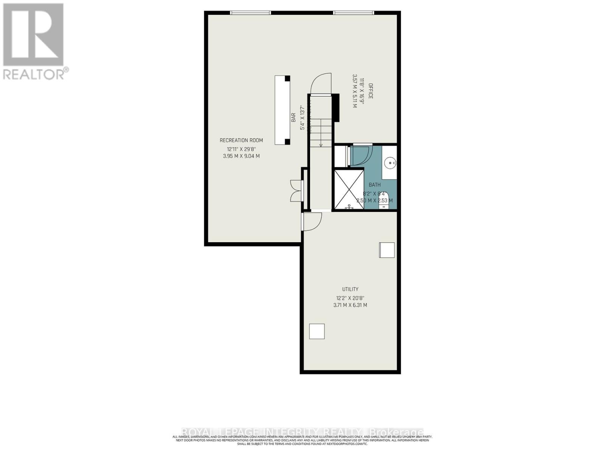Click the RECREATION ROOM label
pyautogui.click(x=241, y=140)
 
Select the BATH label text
pyautogui.click(x=375, y=185)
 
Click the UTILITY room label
pyautogui.click(x=350, y=289)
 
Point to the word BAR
pyautogui.click(x=293, y=118)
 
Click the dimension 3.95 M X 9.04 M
pyautogui.click(x=241, y=156)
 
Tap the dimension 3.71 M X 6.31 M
pyautogui.click(x=350, y=305)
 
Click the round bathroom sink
pyautogui.click(x=390, y=163)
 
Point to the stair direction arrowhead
pyautogui.click(x=321, y=145)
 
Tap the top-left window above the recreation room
pyautogui.click(x=251, y=12)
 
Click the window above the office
pyautogui.click(x=354, y=12)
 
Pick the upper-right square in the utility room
pyautogui.click(x=387, y=250)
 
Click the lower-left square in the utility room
pyautogui.click(x=317, y=331)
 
